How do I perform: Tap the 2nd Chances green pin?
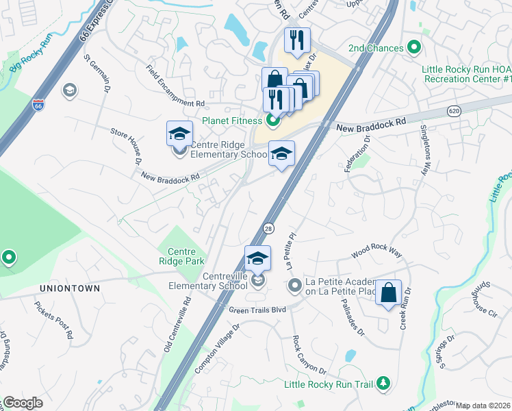click(413, 49)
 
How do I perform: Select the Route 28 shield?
click(268, 227)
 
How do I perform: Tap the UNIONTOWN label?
click(70, 288)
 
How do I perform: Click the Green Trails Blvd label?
click(257, 310)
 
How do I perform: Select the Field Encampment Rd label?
click(176, 86)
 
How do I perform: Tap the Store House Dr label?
click(125, 146)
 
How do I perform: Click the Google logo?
click(23, 403)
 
